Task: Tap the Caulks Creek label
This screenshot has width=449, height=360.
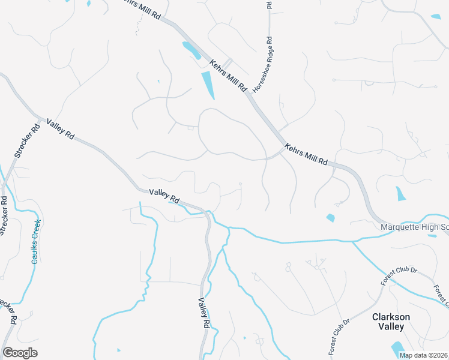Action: (36, 241)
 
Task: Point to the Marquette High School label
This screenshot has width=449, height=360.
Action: (415, 227)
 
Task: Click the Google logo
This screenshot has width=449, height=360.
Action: (20, 353)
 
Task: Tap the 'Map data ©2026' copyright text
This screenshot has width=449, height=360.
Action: (423, 355)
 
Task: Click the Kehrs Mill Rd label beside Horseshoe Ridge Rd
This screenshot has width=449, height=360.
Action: (228, 75)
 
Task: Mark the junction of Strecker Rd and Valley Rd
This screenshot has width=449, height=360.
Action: (40, 118)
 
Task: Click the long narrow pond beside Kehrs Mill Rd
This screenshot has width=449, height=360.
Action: (208, 85)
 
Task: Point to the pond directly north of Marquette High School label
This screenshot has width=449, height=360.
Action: (400, 193)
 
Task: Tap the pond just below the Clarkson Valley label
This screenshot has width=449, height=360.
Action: (397, 349)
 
